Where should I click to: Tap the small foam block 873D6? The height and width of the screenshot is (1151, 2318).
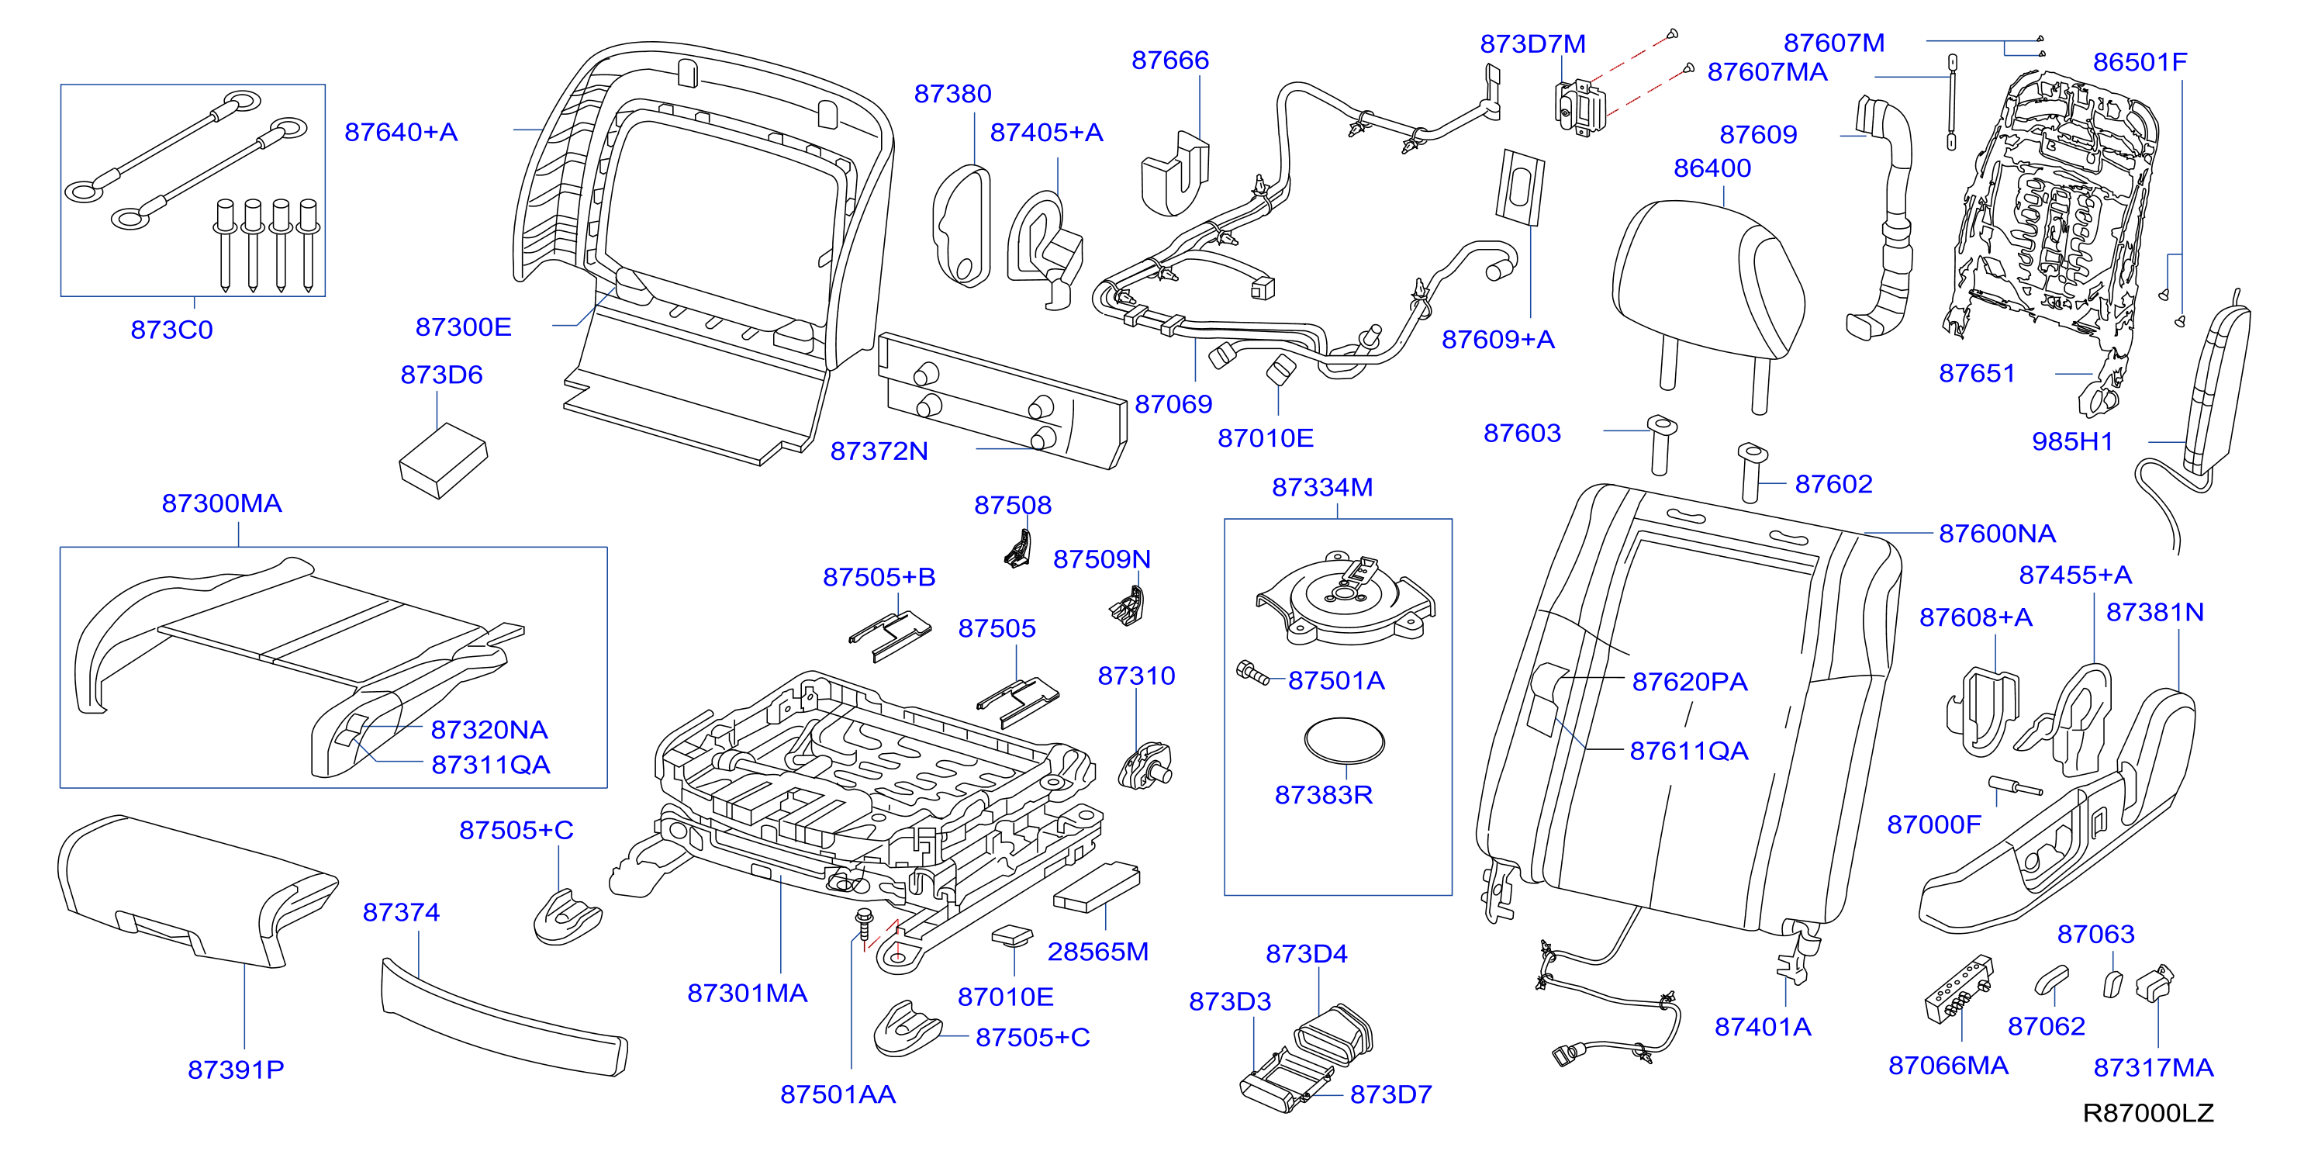443,460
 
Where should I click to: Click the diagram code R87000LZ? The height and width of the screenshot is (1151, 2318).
2148,1113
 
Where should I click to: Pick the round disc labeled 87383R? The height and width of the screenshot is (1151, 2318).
1345,741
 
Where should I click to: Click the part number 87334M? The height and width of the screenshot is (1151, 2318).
1322,487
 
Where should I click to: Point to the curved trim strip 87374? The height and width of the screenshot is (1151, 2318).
504,1017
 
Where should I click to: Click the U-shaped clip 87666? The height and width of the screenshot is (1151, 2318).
1174,175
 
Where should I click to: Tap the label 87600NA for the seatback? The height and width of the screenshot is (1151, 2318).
1997,534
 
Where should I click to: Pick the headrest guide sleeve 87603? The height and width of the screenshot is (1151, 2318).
1660,444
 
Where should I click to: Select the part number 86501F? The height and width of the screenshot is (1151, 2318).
2139,62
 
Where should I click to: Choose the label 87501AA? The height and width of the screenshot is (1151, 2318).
838,1094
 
